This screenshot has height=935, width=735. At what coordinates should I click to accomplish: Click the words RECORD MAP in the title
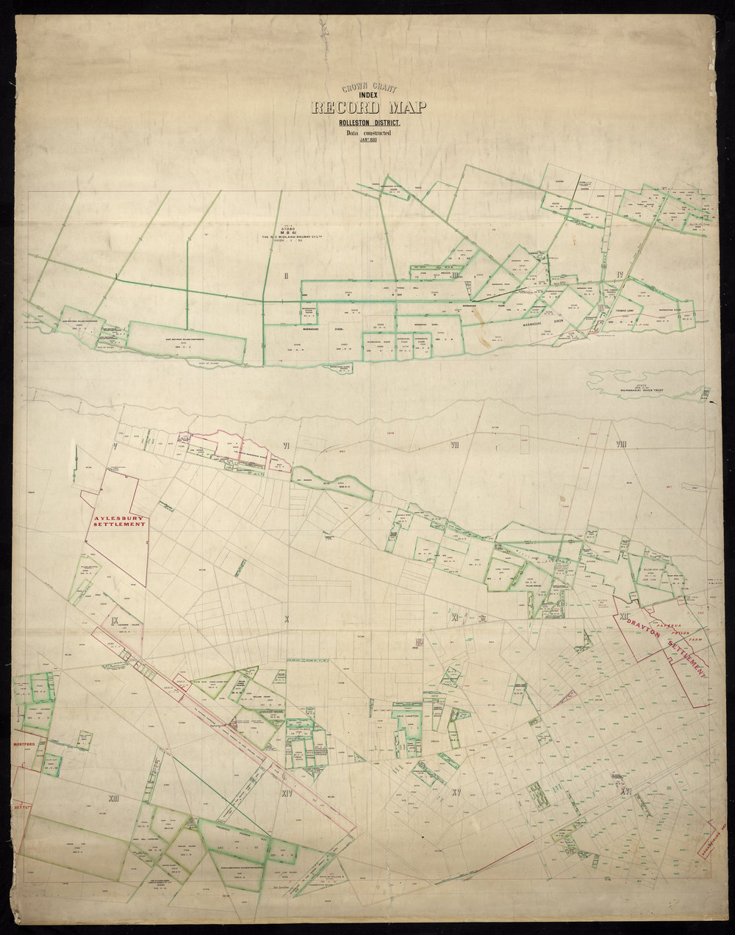[368, 108]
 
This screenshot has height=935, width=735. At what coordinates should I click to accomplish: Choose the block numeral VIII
[621, 444]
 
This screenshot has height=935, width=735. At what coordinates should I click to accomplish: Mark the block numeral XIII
[112, 797]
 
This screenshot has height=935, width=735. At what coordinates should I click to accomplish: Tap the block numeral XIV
[287, 793]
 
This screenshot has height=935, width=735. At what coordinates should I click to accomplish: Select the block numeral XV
[456, 793]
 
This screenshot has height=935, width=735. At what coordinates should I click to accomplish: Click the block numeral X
[287, 619]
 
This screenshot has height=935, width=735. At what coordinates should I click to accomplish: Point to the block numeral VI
[287, 446]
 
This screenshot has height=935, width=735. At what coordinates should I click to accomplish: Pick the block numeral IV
[621, 275]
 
